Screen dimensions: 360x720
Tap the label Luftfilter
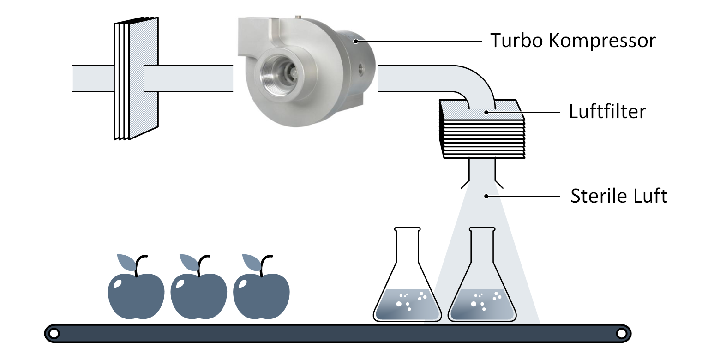click(x=607, y=112)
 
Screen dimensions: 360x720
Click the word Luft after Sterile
click(x=651, y=196)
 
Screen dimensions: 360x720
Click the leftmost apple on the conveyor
click(x=136, y=295)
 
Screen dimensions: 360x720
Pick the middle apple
click(x=199, y=295)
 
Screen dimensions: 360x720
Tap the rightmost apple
click(x=261, y=295)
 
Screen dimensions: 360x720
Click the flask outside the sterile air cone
click(x=407, y=286)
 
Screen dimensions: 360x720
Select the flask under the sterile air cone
click(x=482, y=286)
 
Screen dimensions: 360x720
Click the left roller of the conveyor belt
click(x=54, y=333)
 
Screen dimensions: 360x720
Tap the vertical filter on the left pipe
click(x=137, y=78)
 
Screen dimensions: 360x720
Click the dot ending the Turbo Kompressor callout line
click(x=355, y=41)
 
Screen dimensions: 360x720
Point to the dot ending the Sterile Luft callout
click(x=486, y=196)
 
